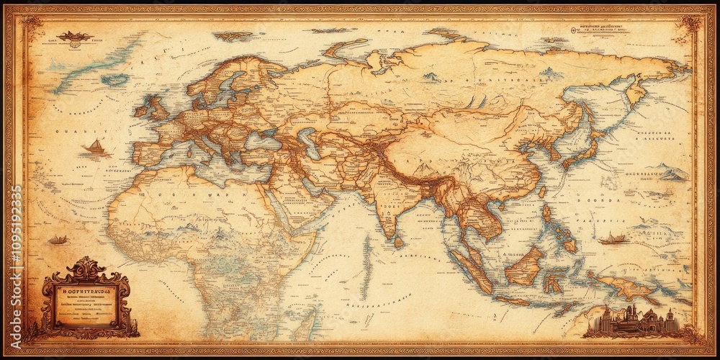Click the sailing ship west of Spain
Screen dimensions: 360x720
(94, 147)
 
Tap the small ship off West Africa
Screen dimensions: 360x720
(58, 240)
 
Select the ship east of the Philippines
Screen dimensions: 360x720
(613, 238)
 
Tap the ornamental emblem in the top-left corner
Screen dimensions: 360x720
(76, 36)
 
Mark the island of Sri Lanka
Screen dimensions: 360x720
(398, 243)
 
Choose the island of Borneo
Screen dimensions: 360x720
(524, 266)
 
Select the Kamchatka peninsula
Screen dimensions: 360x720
(635, 92)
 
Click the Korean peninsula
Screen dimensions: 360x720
(554, 151)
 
